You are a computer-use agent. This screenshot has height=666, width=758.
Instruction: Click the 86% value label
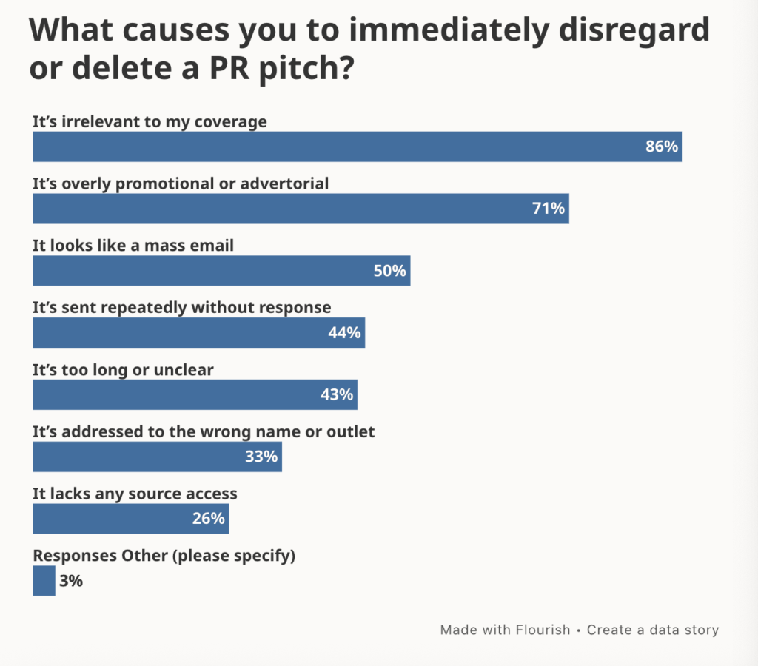click(661, 147)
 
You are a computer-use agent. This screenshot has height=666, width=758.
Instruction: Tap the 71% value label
click(549, 209)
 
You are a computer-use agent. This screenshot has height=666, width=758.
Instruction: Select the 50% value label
click(389, 271)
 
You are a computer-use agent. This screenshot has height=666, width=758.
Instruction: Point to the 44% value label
click(344, 333)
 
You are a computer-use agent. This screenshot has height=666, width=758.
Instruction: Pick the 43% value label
click(337, 395)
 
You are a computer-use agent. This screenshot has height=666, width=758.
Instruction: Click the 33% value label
click(261, 457)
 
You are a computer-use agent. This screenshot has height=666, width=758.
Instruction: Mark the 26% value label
click(208, 519)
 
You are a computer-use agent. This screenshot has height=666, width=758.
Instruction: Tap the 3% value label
click(71, 581)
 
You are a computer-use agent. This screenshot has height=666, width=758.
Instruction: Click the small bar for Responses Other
click(44, 581)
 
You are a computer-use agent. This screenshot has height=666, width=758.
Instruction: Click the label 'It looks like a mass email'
click(133, 245)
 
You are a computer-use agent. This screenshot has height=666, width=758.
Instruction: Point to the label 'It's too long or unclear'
click(123, 369)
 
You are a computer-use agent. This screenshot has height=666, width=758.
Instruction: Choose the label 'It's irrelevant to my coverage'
click(150, 122)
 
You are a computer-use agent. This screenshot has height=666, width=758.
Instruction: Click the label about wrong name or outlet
click(204, 431)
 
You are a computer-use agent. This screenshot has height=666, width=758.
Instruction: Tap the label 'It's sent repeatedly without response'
click(181, 307)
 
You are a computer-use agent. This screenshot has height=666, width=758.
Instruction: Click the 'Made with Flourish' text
click(505, 630)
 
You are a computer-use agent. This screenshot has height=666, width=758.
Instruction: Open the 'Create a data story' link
click(653, 630)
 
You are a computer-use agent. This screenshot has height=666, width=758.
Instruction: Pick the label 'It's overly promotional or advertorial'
click(181, 184)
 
